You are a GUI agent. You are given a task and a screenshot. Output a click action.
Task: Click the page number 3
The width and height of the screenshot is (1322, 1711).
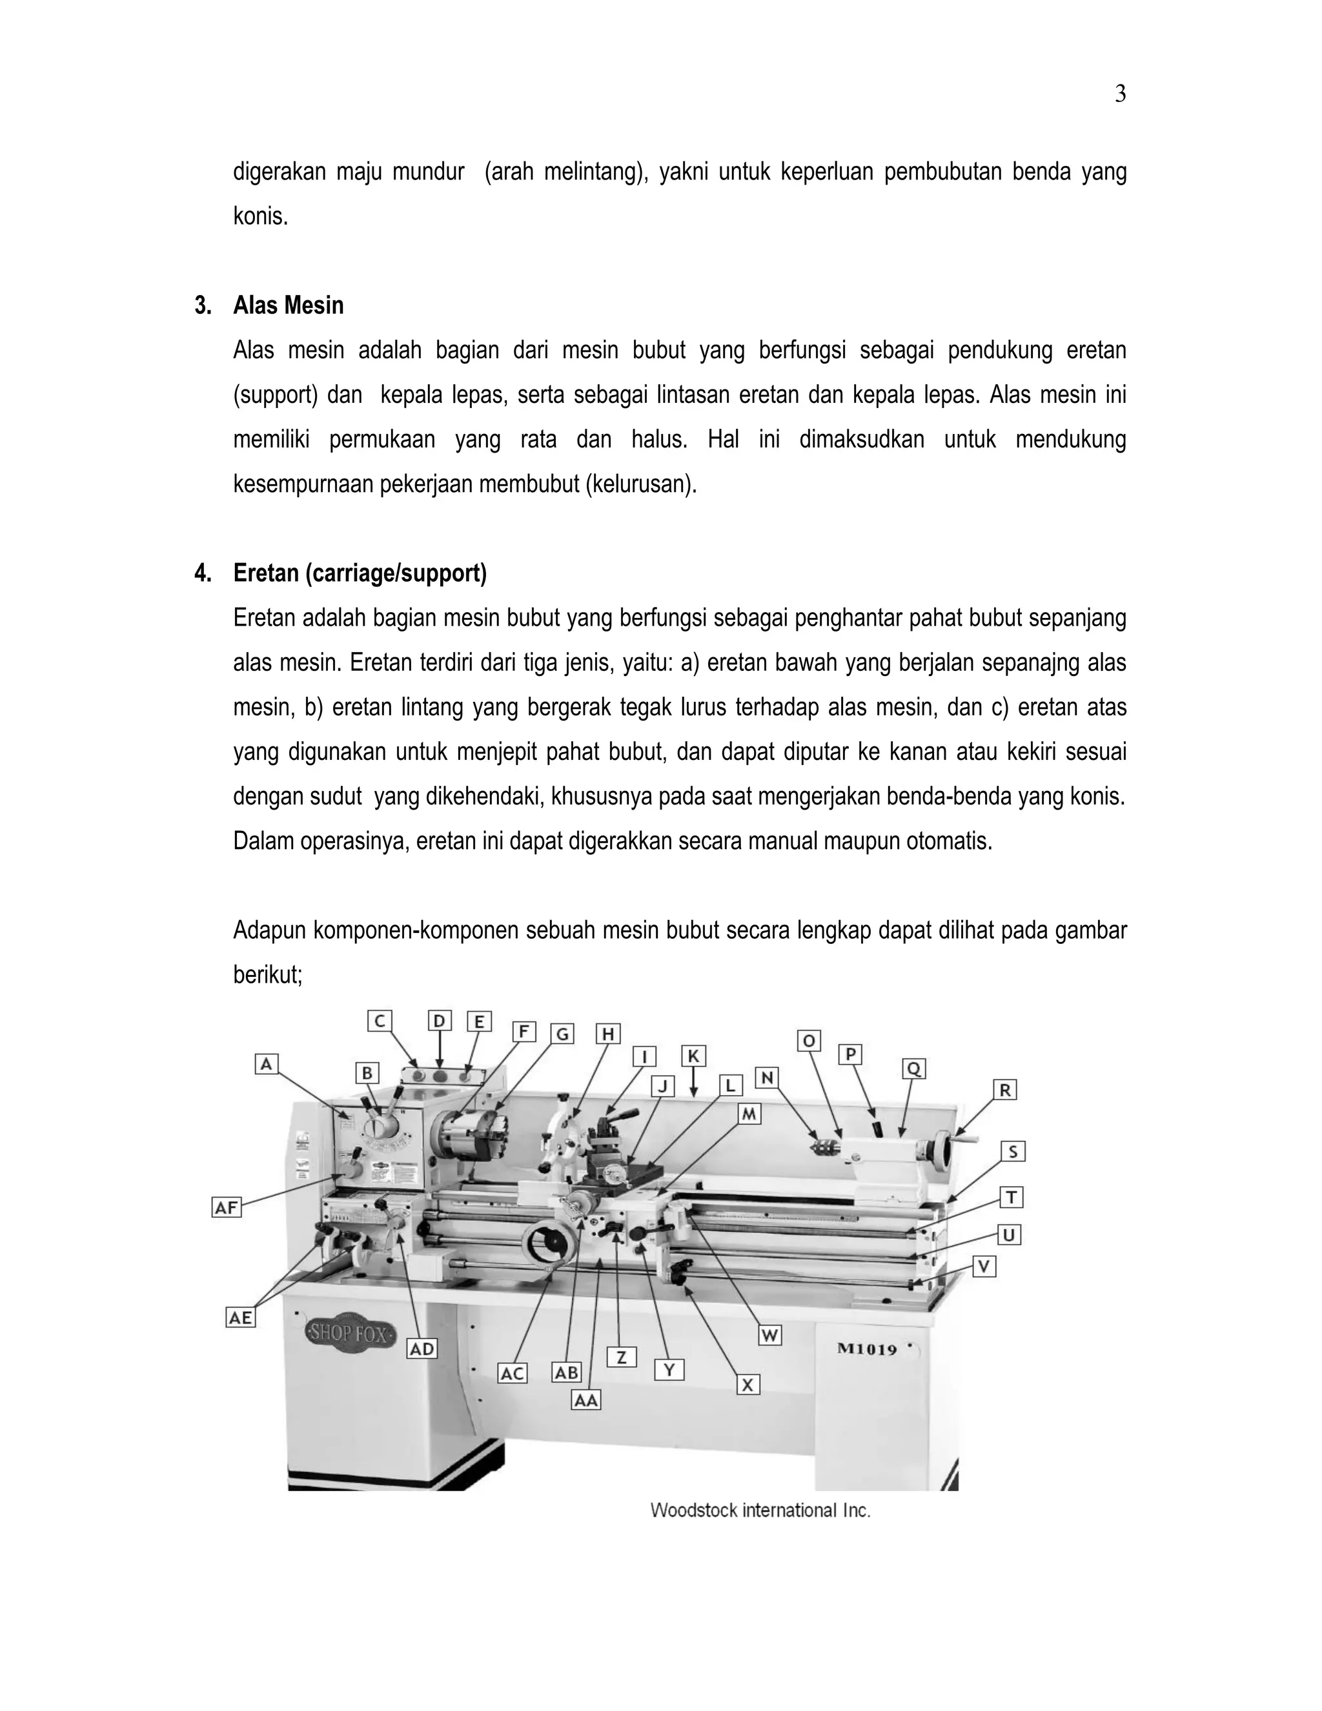[1120, 95]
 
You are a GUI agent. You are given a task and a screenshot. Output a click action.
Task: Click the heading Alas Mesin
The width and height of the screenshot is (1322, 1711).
[287, 305]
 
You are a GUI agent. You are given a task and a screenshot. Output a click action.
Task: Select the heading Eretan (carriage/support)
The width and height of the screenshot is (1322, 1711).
[360, 573]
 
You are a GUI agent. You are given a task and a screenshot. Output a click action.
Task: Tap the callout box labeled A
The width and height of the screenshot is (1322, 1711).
[267, 1064]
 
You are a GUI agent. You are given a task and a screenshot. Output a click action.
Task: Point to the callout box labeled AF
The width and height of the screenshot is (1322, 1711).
[227, 1207]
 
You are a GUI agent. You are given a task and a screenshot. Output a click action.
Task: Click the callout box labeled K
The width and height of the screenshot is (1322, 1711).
[693, 1056]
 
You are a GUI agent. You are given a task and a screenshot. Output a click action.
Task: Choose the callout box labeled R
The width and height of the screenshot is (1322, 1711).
[1005, 1090]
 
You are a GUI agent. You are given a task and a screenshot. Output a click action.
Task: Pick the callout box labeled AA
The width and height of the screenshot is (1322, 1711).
[586, 1400]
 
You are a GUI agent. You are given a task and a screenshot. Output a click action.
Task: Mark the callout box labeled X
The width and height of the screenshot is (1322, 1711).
[748, 1385]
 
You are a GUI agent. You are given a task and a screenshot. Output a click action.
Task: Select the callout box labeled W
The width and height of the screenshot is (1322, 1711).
[770, 1336]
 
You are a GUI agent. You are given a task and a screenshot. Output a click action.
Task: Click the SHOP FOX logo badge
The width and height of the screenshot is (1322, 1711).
[349, 1333]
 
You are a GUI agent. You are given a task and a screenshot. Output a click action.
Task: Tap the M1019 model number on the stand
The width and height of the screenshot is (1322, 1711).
[866, 1348]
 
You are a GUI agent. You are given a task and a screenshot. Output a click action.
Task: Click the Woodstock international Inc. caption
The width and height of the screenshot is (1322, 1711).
[760, 1510]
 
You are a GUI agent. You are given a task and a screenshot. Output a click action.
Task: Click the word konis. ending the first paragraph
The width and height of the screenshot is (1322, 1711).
[261, 216]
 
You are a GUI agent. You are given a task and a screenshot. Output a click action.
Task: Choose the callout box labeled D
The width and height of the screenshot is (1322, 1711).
[440, 1021]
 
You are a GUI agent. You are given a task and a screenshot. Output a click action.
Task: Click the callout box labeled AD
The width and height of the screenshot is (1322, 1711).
[422, 1349]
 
